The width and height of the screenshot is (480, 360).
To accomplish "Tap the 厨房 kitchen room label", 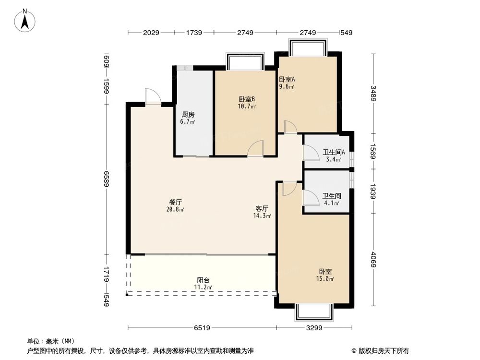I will pyautogui.click(x=188, y=115).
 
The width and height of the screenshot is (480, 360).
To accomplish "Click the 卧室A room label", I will pyautogui.click(x=287, y=80).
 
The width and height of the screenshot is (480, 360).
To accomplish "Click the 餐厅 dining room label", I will pyautogui.click(x=175, y=202).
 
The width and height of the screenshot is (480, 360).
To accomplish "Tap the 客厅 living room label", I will pyautogui.click(x=262, y=209).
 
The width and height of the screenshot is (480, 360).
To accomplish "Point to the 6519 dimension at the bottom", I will pyautogui.click(x=201, y=328).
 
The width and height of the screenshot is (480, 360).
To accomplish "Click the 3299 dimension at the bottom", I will pyautogui.click(x=314, y=328).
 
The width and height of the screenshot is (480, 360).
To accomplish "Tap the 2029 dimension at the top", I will pyautogui.click(x=151, y=33).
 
